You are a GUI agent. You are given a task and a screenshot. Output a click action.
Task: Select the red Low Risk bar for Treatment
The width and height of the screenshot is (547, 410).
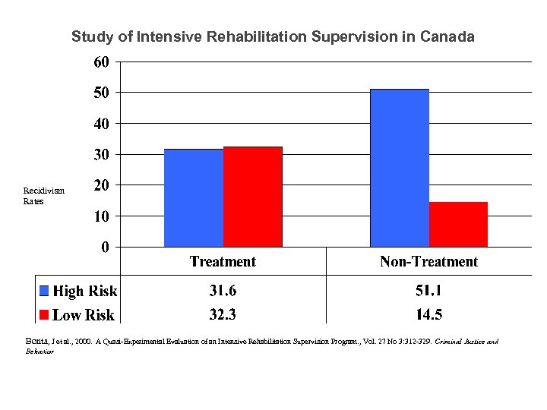click(x=252, y=197)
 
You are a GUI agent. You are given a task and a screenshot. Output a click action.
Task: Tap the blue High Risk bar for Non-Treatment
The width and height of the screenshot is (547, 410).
click(x=399, y=168)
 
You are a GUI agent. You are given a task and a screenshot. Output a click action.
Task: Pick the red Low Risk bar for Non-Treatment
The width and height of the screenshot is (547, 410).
click(x=458, y=224)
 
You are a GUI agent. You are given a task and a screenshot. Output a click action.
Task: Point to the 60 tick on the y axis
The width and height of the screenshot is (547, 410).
click(x=101, y=61)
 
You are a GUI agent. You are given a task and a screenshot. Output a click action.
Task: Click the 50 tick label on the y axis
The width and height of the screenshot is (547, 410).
click(x=101, y=93)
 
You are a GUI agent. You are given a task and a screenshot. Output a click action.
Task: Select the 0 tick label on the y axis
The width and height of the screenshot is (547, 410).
click(x=105, y=248)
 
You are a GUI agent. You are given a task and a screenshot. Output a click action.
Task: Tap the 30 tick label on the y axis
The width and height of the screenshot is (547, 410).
click(x=101, y=155)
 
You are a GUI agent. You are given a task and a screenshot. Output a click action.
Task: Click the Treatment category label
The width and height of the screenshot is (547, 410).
click(x=223, y=262)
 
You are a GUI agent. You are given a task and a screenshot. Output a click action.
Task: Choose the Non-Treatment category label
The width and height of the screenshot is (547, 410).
click(x=428, y=262)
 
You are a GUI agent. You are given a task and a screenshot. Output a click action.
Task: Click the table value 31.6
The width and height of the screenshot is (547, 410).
click(x=223, y=291)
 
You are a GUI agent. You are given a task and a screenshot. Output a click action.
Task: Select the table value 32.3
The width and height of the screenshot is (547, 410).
click(x=223, y=314)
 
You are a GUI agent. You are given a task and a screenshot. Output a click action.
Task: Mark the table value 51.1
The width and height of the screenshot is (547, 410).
click(x=428, y=291)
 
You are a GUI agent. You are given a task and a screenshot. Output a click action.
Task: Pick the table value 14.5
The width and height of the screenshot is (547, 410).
click(x=428, y=314)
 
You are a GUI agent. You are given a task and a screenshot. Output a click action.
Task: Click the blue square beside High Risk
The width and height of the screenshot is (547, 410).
click(x=44, y=291)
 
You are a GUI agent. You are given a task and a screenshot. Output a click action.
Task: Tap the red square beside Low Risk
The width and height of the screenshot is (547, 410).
click(x=44, y=314)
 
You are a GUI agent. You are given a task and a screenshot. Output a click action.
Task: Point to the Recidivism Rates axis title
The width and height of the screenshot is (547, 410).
click(x=43, y=196)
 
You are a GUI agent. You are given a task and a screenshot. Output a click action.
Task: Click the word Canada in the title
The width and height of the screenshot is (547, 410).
click(x=448, y=36)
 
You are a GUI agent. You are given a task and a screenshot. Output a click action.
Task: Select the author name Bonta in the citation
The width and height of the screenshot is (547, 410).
click(x=38, y=342)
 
